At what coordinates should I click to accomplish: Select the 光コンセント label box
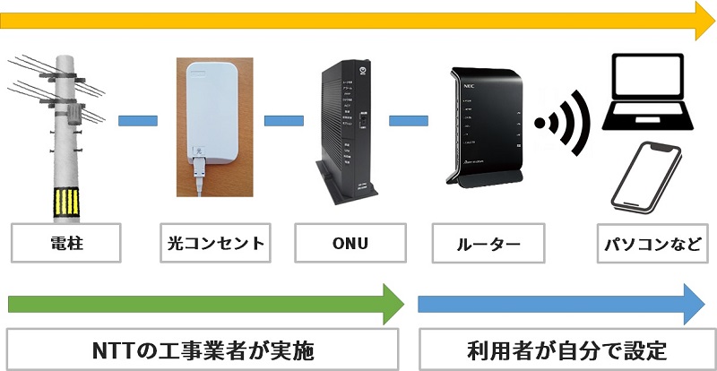pyautogui.click(x=216, y=243)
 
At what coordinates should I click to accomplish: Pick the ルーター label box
pyautogui.click(x=488, y=243)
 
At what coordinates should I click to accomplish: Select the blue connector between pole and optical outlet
pyautogui.click(x=138, y=116)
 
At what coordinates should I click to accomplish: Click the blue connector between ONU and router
pyautogui.click(x=408, y=116)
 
